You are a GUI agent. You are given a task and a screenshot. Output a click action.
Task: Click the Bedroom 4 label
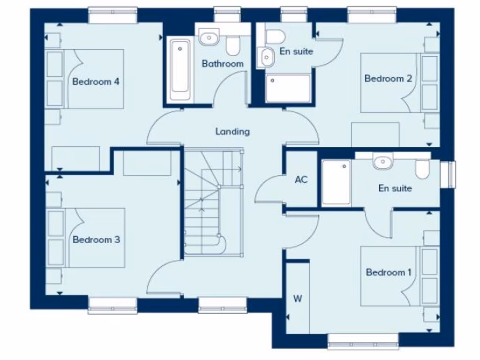[96, 82]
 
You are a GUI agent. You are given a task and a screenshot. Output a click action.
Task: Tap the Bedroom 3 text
[96, 240]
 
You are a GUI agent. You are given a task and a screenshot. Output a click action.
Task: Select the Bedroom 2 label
[388, 78]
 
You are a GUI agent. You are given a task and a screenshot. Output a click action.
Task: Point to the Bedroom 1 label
[389, 272]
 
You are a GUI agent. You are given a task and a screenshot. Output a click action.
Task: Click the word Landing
[232, 132]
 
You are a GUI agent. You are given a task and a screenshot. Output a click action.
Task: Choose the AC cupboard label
[301, 179]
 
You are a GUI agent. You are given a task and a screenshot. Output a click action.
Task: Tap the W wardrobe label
[297, 298]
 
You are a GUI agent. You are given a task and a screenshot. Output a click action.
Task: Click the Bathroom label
[223, 64]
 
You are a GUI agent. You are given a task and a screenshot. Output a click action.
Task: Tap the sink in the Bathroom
[209, 37]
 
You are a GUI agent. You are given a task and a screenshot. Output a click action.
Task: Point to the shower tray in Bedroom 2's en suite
[288, 88]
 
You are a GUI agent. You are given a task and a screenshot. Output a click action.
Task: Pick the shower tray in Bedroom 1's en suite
[336, 182]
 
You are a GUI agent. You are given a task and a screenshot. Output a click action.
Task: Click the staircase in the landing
[213, 202]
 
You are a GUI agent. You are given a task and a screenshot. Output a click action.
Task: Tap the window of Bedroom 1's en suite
[451, 174]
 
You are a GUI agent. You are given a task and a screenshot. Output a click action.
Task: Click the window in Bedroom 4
[113, 15]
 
